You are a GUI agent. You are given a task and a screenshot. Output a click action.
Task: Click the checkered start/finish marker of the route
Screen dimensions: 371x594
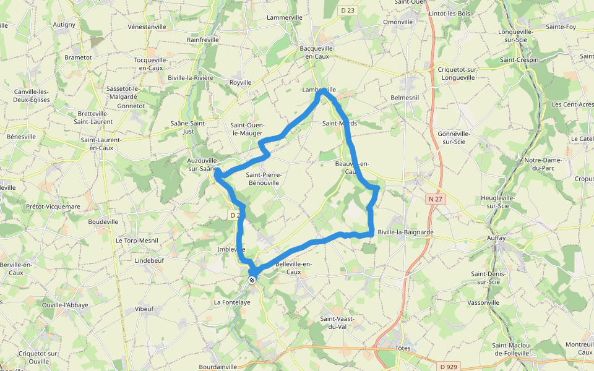pyautogui.click(x=252, y=280)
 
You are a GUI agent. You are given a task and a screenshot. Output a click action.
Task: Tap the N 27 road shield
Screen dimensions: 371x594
pyautogui.click(x=435, y=198)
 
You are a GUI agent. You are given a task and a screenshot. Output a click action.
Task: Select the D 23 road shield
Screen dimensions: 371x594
pyautogui.click(x=348, y=10)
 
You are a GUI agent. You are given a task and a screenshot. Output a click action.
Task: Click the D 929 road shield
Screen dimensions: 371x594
pyautogui.click(x=450, y=367)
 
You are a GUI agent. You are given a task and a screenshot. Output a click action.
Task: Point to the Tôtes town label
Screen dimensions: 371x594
pyautogui.click(x=403, y=348)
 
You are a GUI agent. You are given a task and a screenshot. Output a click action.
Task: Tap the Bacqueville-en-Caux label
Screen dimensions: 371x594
pyautogui.click(x=317, y=52)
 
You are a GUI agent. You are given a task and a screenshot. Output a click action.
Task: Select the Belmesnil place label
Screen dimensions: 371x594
pyautogui.click(x=405, y=98)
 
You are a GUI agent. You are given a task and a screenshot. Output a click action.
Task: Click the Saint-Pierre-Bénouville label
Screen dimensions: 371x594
pyautogui.click(x=264, y=179)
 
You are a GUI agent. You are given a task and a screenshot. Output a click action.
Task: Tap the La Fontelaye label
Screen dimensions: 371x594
pyautogui.click(x=232, y=302)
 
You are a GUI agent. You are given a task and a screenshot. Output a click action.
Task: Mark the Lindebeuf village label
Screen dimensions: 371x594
pyautogui.click(x=148, y=261)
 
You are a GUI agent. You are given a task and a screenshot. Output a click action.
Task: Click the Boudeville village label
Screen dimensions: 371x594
pyautogui.click(x=103, y=221)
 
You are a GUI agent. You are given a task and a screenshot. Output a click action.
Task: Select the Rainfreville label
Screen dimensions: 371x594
pyautogui.click(x=203, y=40)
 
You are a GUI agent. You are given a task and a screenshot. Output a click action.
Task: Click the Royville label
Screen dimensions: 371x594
pyautogui.click(x=241, y=82)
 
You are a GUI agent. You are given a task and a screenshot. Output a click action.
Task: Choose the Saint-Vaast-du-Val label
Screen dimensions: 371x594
pyautogui.click(x=337, y=322)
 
